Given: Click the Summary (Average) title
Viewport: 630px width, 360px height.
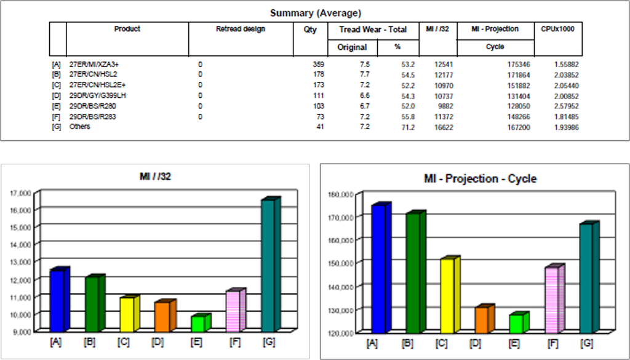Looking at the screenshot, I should pyautogui.click(x=316, y=12).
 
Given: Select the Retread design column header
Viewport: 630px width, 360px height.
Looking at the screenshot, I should pyautogui.click(x=240, y=29).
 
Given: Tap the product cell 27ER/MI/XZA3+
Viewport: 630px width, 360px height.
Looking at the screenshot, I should pyautogui.click(x=94, y=64).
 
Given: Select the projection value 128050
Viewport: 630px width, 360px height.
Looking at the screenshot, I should pyautogui.click(x=516, y=106).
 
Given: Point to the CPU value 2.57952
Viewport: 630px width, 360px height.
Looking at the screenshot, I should pyautogui.click(x=565, y=106).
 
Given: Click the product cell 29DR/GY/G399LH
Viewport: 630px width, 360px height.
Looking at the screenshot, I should pyautogui.click(x=97, y=95).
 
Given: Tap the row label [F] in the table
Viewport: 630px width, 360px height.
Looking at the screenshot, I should pyautogui.click(x=57, y=116).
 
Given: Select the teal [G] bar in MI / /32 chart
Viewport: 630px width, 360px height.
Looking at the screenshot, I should pyautogui.click(x=269, y=265).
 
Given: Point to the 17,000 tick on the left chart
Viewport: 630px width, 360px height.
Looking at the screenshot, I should pyautogui.click(x=21, y=193).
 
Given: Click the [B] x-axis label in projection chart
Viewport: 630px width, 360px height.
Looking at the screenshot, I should pyautogui.click(x=407, y=343).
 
